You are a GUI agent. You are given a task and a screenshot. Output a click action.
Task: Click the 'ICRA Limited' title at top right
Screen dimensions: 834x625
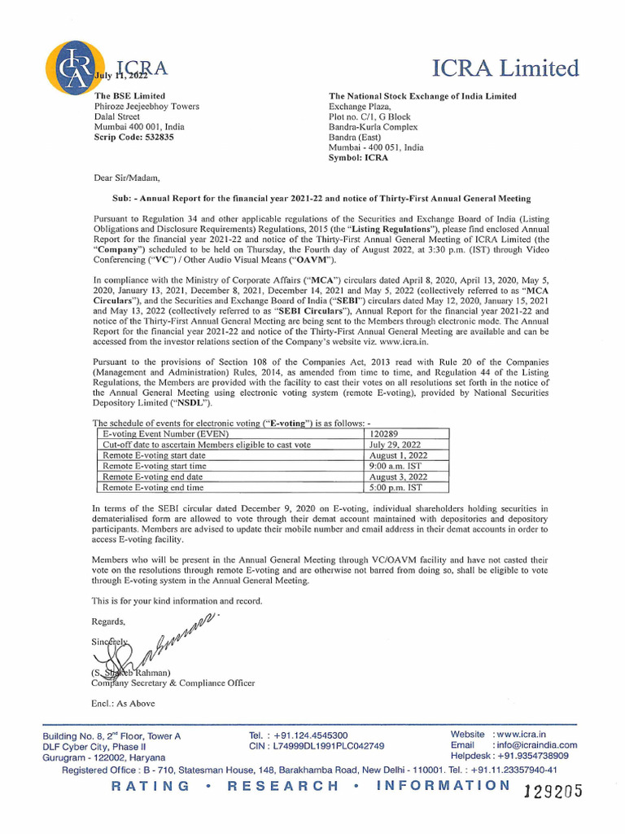coord(505,68)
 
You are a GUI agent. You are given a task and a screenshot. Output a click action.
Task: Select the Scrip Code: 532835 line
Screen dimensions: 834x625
coord(134,138)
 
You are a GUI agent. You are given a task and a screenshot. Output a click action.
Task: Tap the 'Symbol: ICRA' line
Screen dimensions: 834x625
coord(358,158)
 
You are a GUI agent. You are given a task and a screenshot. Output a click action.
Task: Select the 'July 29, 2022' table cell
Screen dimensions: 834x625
coord(396,446)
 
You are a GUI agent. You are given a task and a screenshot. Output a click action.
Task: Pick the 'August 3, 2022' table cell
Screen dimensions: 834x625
coord(398,477)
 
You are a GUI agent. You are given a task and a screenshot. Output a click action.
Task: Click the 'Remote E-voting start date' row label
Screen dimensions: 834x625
coord(154,456)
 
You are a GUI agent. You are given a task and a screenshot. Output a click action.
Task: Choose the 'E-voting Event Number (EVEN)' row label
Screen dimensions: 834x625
coord(165,435)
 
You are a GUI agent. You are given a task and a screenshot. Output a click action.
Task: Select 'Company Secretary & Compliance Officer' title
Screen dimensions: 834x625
coord(173,683)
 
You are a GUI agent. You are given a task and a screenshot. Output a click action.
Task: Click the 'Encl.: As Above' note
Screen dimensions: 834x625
coord(123,703)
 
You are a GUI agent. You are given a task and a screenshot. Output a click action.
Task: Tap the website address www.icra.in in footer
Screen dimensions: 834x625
coord(521,735)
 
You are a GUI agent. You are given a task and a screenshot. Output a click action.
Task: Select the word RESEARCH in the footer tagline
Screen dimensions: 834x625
coord(283,786)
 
